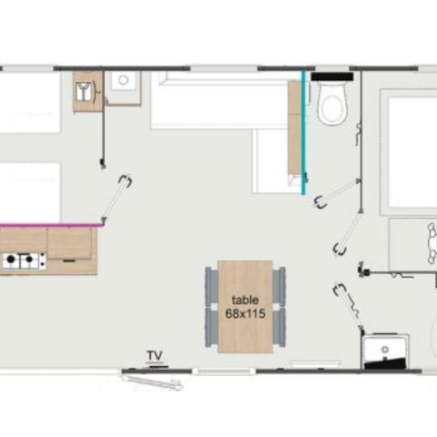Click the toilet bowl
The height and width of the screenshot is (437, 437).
331,103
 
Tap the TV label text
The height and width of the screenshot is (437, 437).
155,355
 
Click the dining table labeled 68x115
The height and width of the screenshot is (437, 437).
245,307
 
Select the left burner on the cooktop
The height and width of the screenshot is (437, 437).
11,259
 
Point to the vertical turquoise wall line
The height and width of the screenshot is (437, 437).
303,131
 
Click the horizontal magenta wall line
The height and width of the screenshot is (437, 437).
51,225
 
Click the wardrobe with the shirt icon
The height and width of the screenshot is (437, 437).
87,91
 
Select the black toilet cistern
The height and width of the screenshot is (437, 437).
332,76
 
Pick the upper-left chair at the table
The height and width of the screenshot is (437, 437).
211,287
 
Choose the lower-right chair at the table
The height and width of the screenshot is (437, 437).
279,327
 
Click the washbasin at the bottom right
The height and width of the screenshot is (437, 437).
385,351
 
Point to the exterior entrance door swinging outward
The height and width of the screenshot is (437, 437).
152,382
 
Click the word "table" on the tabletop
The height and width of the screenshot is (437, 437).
245,300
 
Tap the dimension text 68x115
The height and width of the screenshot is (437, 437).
245,313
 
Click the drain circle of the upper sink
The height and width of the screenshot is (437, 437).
123,80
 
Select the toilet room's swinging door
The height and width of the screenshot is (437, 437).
338,194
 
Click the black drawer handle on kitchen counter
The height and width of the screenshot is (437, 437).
69,260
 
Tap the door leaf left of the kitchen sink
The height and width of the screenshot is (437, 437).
117,198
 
